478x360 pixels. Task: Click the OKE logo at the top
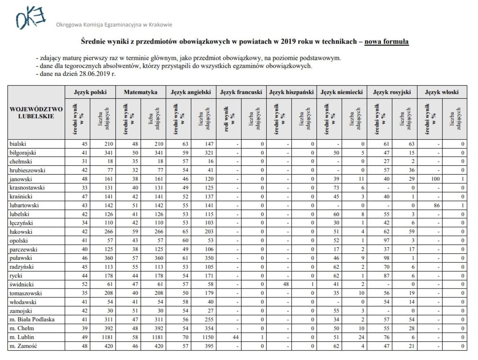pyautogui.click(x=30, y=17)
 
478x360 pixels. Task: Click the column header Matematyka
pyautogui.click(x=140, y=92)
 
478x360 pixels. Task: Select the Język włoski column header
pyautogui.click(x=442, y=92)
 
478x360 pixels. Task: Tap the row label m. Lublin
pyautogui.click(x=22, y=337)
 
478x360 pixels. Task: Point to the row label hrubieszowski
pyautogui.click(x=27, y=170)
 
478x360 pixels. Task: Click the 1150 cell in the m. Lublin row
pyautogui.click(x=207, y=337)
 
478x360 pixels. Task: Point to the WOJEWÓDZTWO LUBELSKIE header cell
pyautogui.click(x=36, y=113)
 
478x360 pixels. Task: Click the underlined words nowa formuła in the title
pyautogui.click(x=386, y=41)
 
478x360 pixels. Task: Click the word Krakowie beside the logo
pyautogui.click(x=160, y=25)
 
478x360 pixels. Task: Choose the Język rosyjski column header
pyautogui.click(x=392, y=92)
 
